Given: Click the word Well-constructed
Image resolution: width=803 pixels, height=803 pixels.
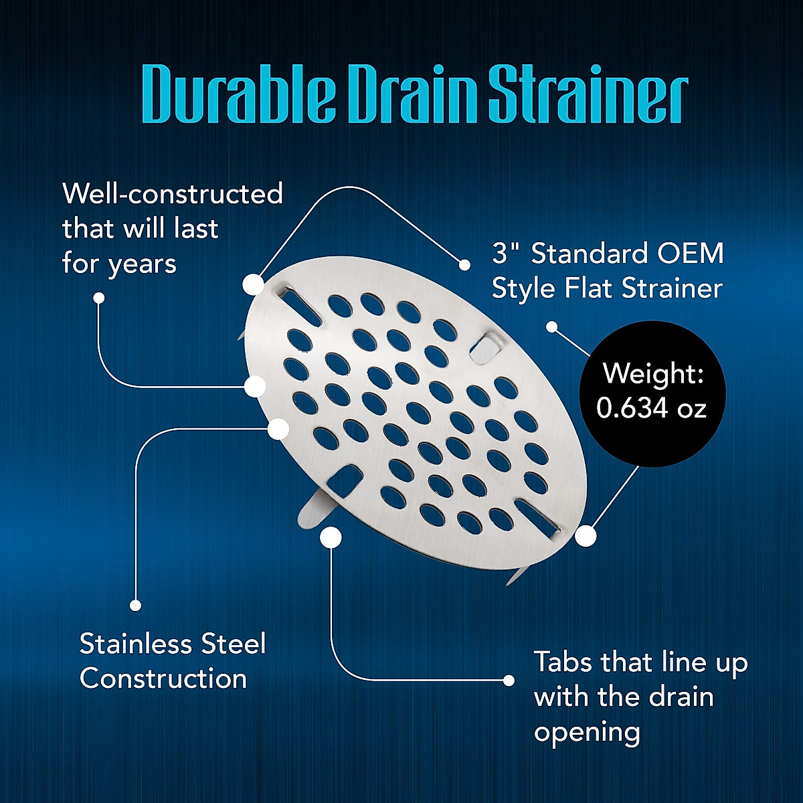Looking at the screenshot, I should (173, 194).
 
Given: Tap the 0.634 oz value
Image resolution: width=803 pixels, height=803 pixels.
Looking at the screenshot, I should (652, 408).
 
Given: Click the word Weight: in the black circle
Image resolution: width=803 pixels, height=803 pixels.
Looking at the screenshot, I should (652, 373).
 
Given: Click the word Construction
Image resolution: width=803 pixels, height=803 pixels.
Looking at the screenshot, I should (163, 679).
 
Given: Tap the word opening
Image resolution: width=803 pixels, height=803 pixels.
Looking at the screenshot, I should (587, 732).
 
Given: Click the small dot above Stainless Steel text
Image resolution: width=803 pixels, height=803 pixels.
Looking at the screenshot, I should (135, 606).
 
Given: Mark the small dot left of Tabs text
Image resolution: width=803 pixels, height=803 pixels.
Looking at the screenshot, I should (509, 681).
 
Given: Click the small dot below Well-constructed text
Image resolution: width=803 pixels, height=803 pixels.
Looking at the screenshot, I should (99, 298).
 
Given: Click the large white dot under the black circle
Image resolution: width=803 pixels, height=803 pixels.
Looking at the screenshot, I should (586, 536).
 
